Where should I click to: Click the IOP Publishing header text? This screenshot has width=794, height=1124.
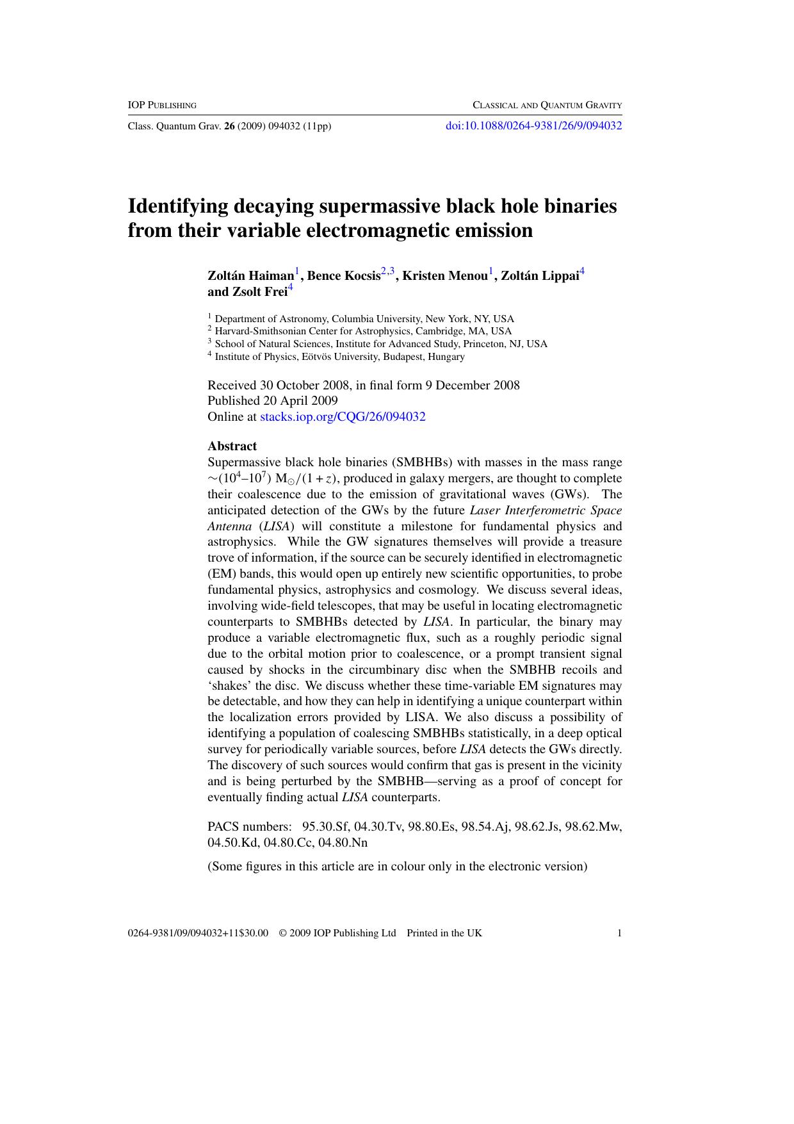pos(162,105)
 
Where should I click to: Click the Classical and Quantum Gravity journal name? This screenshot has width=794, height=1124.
pos(547,105)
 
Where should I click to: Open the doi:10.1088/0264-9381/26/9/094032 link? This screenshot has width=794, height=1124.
pos(533,126)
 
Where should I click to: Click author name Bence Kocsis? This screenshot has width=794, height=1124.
pos(344,276)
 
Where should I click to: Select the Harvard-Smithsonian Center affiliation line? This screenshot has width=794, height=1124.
pos(362,331)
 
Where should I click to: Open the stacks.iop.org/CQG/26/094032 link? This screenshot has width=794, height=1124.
pos(343,417)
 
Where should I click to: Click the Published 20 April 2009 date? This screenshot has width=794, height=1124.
pos(272,401)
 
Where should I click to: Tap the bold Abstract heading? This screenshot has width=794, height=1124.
pos(232,446)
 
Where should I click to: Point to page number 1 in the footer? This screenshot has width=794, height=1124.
pos(619,933)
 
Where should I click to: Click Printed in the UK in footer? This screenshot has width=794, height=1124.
pos(444,933)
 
